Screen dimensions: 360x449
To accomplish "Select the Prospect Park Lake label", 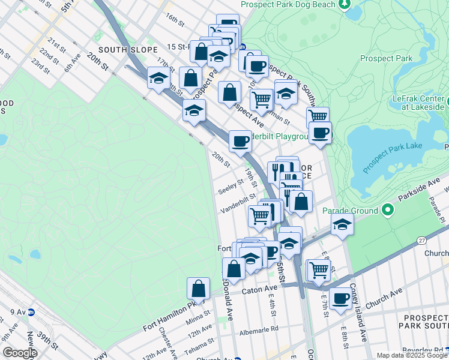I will [x=391, y=146].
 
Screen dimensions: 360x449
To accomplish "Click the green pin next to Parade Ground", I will [x=387, y=211].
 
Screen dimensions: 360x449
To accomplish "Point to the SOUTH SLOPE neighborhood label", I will [x=124, y=50].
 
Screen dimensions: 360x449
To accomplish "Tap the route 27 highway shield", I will [x=420, y=239].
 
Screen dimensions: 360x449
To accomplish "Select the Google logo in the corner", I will [x=20, y=353].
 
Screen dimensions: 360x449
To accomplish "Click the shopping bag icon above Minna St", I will [x=198, y=289].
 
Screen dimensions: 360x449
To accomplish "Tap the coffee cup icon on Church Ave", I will [x=340, y=298].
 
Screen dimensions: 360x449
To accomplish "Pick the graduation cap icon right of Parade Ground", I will [x=342, y=225].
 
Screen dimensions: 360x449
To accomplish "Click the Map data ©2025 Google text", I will [x=411, y=355].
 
